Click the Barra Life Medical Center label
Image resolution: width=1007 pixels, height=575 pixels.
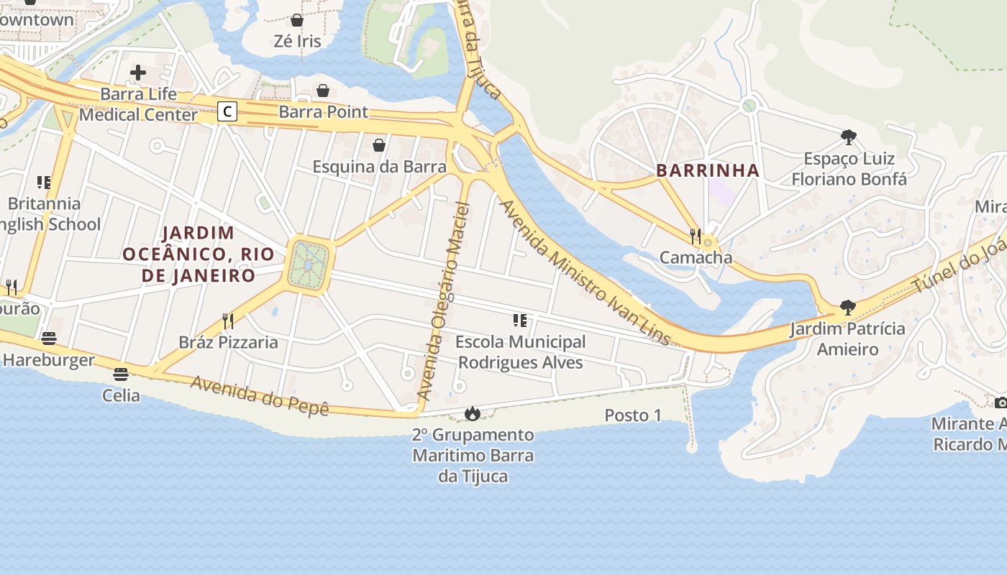tap(138, 104)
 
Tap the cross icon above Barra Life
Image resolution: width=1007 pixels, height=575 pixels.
tap(138, 73)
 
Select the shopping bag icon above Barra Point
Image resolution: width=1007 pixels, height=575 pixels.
tap(324, 91)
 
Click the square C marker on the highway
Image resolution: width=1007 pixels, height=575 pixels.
tap(227, 111)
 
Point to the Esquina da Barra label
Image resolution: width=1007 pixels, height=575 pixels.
tap(379, 166)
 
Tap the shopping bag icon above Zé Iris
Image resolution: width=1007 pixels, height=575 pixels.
tap(297, 20)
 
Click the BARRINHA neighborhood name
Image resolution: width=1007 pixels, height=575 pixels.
tap(708, 170)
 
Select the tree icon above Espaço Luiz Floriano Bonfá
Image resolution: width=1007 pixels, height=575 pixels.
tap(849, 137)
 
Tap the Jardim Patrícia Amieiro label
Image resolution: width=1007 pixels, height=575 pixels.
tap(847, 339)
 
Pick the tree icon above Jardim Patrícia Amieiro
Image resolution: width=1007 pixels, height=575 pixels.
tap(848, 308)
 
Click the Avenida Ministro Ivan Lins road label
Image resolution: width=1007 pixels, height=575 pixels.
tap(584, 272)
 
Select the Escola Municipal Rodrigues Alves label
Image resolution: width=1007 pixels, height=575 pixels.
tap(521, 352)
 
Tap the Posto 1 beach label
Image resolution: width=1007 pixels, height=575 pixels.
tap(633, 415)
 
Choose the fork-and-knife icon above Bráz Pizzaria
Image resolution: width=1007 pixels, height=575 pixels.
tap(228, 321)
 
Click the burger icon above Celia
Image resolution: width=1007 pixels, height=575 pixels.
tap(121, 374)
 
